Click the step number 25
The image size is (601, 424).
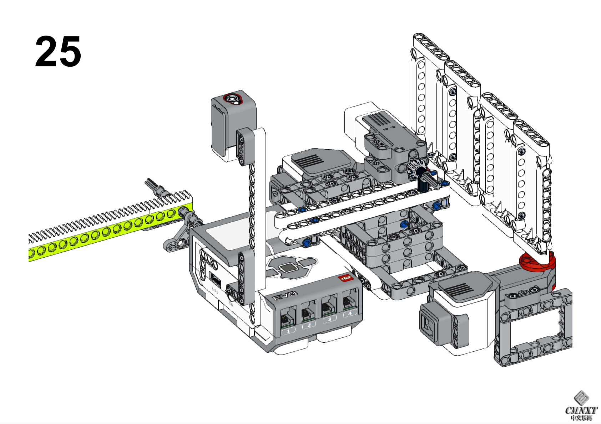[58, 52]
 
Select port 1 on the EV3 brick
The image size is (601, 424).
[288, 317]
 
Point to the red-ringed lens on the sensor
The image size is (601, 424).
[234, 98]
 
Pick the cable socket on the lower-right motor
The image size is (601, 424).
[428, 325]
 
